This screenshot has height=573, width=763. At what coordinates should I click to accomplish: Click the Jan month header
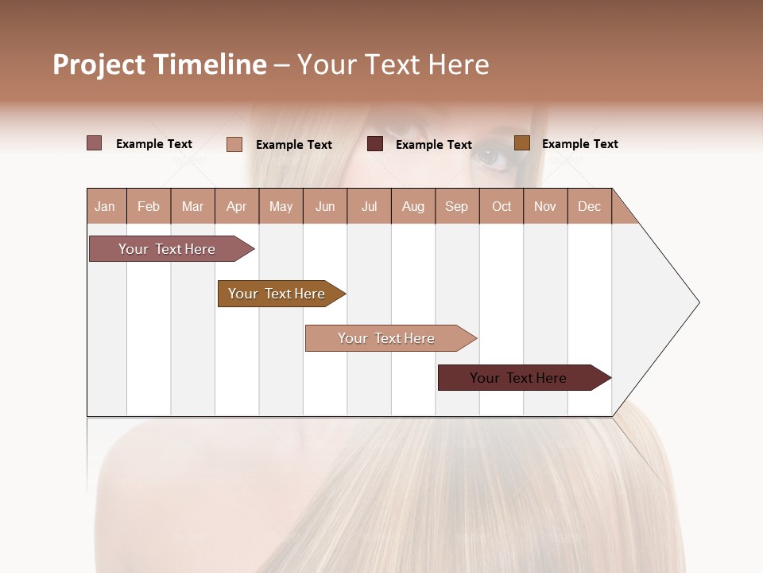(x=106, y=206)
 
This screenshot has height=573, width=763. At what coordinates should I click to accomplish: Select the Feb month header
(x=149, y=206)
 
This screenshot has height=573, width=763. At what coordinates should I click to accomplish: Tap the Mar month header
(x=192, y=206)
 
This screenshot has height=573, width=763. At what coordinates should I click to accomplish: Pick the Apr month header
(x=237, y=206)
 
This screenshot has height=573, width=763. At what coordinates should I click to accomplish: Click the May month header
(x=281, y=206)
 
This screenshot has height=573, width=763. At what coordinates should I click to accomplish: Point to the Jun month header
(x=325, y=206)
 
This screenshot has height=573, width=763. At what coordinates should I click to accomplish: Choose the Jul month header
(x=369, y=206)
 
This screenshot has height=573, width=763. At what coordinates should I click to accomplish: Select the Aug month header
(x=413, y=206)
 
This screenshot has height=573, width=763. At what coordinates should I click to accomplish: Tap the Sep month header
(x=457, y=206)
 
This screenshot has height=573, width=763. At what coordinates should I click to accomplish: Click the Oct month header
(x=502, y=206)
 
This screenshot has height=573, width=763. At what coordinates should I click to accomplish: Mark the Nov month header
(x=545, y=206)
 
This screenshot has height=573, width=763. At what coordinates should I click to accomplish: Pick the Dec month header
(x=590, y=206)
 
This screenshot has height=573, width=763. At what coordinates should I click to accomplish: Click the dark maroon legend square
(x=375, y=144)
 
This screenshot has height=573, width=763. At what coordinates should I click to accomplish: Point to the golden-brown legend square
(x=521, y=143)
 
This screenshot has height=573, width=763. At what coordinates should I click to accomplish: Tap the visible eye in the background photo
(x=491, y=157)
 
